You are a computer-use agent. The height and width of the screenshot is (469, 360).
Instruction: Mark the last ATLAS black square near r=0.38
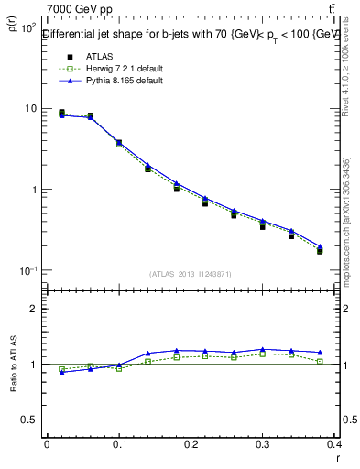(x=320, y=250)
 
